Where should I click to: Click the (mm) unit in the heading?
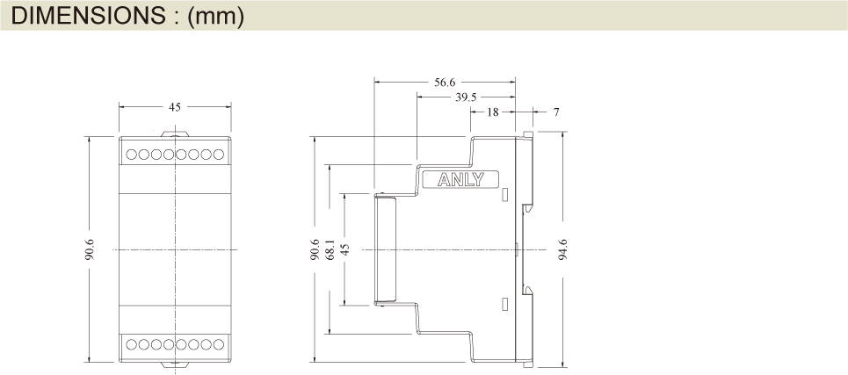[215, 16]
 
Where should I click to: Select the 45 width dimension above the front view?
[175, 107]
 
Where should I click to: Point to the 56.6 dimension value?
[445, 83]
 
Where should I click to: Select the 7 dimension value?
[555, 112]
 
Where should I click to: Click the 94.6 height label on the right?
[563, 251]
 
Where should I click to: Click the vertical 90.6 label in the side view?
[315, 250]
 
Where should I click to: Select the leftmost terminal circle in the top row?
[131, 155]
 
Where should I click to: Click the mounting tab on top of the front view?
[176, 133]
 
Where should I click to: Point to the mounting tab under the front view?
[176, 363]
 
